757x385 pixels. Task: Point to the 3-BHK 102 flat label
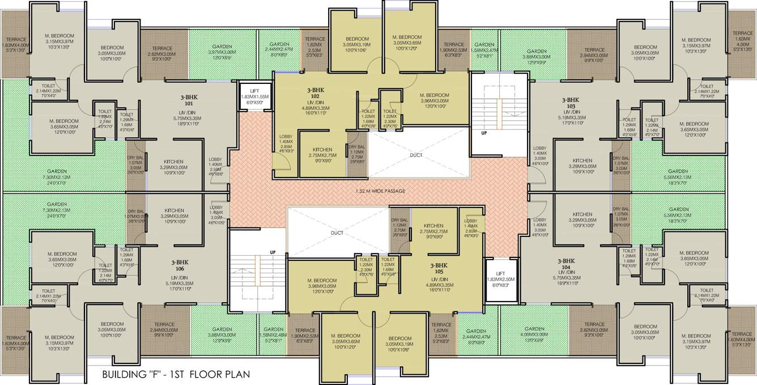316,93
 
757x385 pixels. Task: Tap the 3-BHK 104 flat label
569,264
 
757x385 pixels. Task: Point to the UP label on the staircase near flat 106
273,252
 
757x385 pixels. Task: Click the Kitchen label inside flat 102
322,151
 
